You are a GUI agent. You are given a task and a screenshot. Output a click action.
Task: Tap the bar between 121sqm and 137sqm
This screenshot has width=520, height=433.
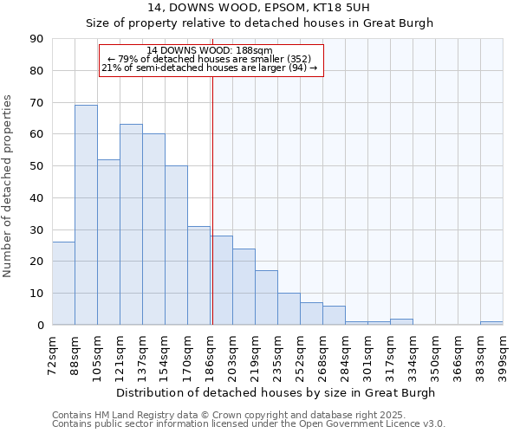click(131, 224)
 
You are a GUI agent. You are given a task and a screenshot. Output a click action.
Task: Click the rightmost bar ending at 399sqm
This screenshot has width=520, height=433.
click(491, 323)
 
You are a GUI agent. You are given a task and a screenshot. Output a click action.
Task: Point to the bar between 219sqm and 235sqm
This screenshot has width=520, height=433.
click(266, 298)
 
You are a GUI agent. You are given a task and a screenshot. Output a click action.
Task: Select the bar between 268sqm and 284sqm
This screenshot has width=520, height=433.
click(334, 315)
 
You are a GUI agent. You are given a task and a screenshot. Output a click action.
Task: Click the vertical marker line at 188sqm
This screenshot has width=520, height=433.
click(212, 199)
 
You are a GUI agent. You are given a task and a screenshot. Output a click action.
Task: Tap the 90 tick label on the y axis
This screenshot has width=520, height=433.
click(36, 39)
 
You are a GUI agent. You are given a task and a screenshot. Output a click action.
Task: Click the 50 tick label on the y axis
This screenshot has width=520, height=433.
click(36, 166)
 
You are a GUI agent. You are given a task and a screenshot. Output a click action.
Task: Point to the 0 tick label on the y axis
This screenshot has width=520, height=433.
click(40, 326)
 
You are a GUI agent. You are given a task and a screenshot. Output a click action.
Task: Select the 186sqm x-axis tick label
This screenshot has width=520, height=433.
click(211, 354)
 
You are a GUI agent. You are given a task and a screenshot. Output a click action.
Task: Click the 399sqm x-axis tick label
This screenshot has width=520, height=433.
click(504, 354)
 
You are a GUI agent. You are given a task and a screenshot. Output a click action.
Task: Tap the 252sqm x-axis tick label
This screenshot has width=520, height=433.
click(301, 354)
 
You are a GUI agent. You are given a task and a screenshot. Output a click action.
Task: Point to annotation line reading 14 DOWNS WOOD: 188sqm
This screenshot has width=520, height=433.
click(210, 50)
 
